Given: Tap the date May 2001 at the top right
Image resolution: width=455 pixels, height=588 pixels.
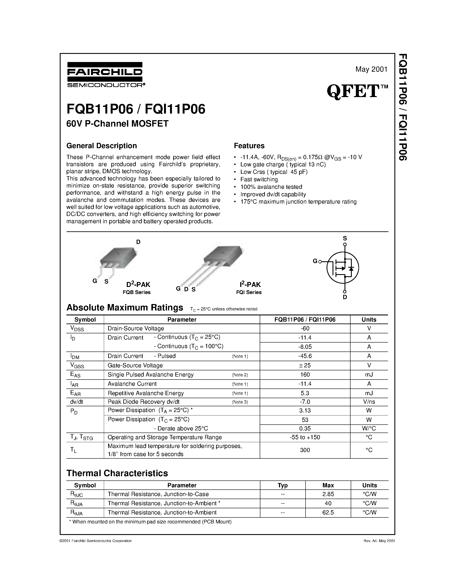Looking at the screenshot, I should coord(371,69).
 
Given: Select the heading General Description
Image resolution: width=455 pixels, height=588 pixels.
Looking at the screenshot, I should coord(102,146).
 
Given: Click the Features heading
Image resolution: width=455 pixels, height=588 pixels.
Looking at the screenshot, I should coord(249,146).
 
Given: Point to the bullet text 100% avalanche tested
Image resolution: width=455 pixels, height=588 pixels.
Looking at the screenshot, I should coord(271,187).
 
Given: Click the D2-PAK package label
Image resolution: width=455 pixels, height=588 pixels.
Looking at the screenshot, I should coord(138,284).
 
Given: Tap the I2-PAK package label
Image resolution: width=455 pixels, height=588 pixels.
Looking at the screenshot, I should coord(250,284).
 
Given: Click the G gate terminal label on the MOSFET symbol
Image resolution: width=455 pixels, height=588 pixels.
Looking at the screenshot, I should coord(315,261).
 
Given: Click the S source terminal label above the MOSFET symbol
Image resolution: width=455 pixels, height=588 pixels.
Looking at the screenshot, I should coord(345,238).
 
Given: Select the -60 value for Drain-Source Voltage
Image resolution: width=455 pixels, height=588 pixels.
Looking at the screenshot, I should coord(305,328).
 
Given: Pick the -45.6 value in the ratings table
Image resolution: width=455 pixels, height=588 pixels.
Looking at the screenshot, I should coord(305,356).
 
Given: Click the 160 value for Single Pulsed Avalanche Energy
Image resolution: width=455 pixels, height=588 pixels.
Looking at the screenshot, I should coord(305,374).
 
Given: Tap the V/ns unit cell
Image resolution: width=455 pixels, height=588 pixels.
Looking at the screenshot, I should coord(369,402).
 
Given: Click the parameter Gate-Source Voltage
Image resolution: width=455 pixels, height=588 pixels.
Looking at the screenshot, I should coord(135,365).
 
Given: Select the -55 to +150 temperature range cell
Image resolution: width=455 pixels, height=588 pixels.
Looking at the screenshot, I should coord(305,437).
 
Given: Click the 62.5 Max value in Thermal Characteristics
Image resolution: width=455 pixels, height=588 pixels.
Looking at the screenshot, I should coord(328,512).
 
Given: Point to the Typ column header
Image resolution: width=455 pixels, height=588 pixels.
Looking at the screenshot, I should coord(282,485).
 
